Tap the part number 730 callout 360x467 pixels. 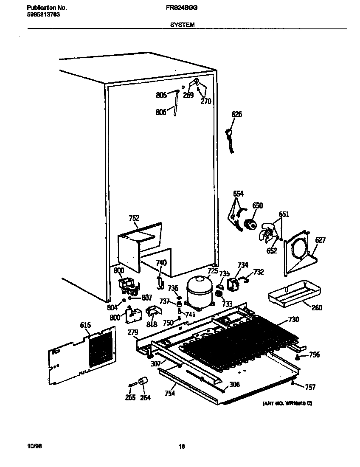tap(293, 319)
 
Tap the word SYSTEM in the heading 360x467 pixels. tap(183, 25)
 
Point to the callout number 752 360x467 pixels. tap(134, 219)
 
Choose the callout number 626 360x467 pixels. tap(237, 114)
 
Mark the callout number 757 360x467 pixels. tap(310, 387)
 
